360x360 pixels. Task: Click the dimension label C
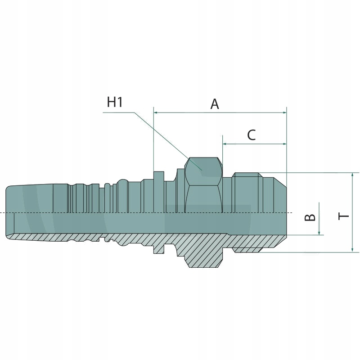pyautogui.click(x=252, y=135)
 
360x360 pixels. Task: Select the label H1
pyautogui.click(x=115, y=102)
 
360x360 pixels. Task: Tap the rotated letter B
pyautogui.click(x=310, y=217)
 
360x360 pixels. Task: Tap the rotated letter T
pyautogui.click(x=344, y=216)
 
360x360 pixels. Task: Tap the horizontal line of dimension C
pyautogui.click(x=254, y=144)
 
